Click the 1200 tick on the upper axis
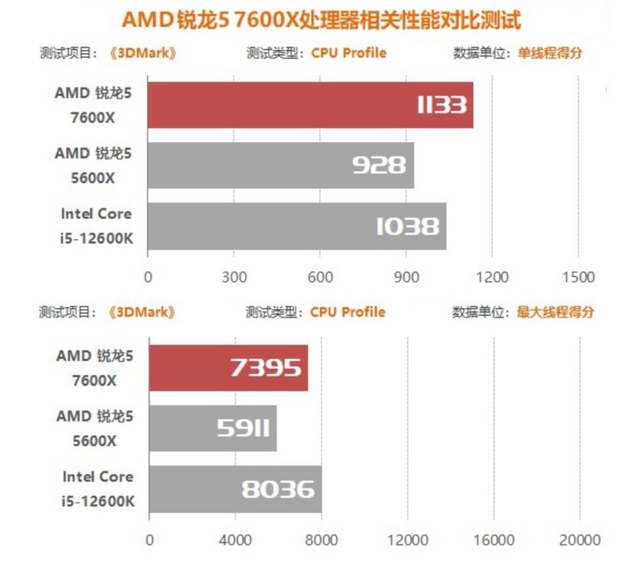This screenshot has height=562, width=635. pyautogui.click(x=491, y=278)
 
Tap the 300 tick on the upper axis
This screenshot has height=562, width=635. pyautogui.click(x=233, y=278)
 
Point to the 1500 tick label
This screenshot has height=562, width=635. pyautogui.click(x=577, y=278)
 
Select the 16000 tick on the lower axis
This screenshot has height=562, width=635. pyautogui.click(x=493, y=541)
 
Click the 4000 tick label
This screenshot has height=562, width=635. pyautogui.click(x=235, y=541)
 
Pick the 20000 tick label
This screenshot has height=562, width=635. pyautogui.click(x=579, y=541)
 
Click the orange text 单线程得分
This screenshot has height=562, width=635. pyautogui.click(x=550, y=53)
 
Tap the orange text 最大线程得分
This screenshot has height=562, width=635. pyautogui.click(x=556, y=312)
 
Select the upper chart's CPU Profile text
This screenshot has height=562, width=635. pyautogui.click(x=348, y=53)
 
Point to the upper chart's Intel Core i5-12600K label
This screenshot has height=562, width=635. pyautogui.click(x=95, y=225)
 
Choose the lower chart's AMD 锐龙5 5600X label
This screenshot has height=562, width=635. pyautogui.click(x=95, y=429)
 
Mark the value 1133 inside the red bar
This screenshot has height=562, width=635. pyautogui.click(x=441, y=105)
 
